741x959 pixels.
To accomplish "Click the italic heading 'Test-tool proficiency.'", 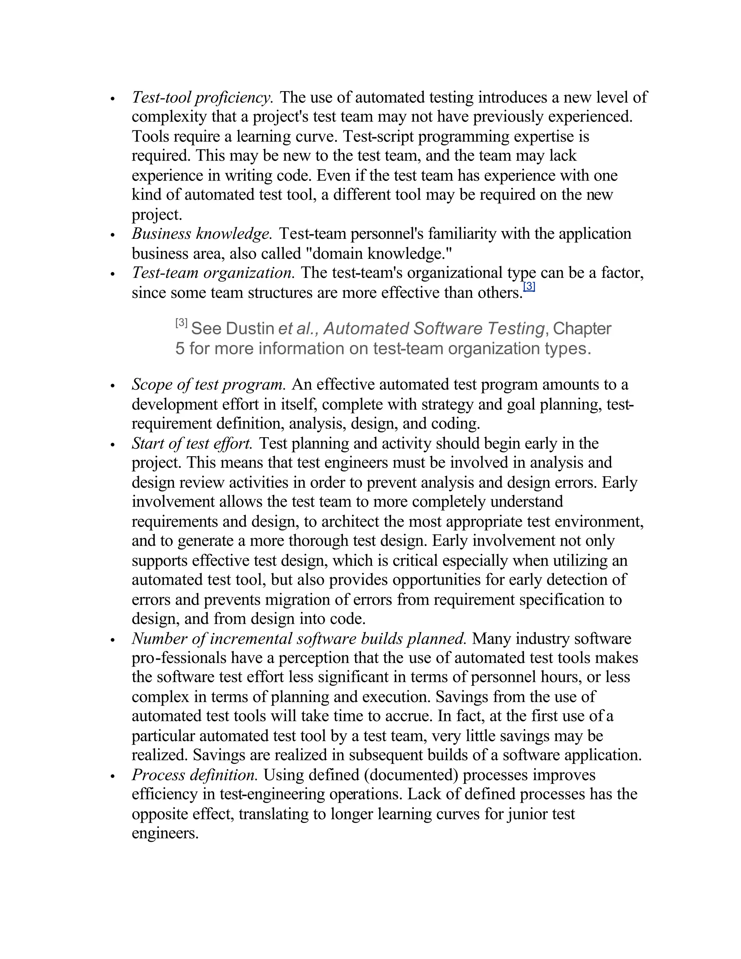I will tap(202, 97).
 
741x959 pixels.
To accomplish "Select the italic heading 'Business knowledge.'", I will tap(202, 234).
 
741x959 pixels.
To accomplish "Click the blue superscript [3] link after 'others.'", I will tap(529, 287).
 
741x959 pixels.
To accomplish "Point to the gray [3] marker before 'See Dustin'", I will tap(181, 323).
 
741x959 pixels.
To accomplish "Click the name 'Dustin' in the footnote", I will tap(250, 329).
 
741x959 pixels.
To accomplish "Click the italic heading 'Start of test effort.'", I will tap(192, 444).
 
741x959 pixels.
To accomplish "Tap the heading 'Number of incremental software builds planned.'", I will tap(299, 638).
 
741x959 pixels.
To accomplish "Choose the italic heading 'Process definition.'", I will tap(194, 775).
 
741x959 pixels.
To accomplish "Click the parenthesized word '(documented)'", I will tap(411, 775).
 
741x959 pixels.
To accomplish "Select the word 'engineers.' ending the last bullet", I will tap(165, 833).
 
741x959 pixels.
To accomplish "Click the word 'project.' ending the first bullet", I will tap(157, 215).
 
